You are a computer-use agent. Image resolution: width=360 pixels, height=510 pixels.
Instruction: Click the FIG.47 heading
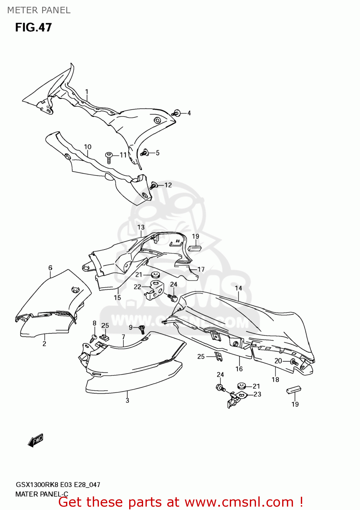click(33, 28)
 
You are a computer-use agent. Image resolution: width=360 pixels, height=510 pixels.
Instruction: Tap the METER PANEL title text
click(39, 11)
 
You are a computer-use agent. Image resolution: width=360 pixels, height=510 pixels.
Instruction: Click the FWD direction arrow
click(35, 440)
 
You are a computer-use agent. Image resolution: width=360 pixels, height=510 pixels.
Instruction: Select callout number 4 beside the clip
click(189, 113)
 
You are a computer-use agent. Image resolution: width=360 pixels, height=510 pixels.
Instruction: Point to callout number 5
click(158, 153)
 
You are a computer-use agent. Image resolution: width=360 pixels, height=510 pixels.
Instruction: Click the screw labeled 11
click(109, 157)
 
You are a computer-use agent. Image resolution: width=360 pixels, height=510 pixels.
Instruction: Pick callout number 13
click(141, 227)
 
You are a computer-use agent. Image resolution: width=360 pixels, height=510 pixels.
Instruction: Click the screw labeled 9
click(142, 329)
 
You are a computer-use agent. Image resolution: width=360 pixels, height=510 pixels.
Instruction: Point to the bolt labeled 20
click(294, 362)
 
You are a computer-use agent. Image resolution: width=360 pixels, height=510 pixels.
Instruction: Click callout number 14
click(238, 288)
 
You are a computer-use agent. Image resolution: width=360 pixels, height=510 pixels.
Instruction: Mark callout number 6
click(50, 268)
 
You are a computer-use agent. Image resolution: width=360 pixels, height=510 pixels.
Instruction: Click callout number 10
click(88, 147)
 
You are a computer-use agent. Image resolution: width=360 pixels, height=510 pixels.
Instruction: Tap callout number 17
click(201, 270)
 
